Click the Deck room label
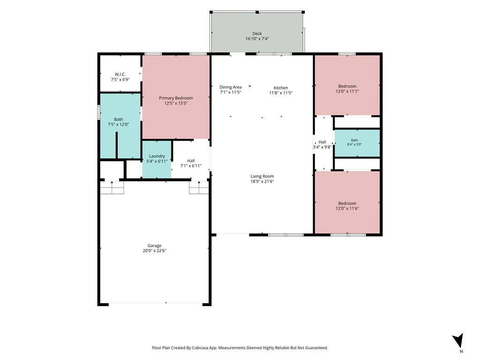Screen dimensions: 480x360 [257, 33]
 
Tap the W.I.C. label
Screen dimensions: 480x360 [120, 75]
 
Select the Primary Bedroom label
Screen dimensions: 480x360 [176, 98]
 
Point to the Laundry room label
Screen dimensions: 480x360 [157, 156]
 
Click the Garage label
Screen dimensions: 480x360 [154, 246]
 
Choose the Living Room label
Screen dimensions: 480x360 [262, 176]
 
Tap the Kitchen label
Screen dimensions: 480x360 [281, 88]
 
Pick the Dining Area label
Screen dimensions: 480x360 [231, 87]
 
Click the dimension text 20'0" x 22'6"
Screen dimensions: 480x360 [154, 251]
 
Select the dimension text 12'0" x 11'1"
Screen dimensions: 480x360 [347, 91]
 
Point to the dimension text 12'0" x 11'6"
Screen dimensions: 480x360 [347, 209]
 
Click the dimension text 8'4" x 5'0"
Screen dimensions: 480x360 [354, 144]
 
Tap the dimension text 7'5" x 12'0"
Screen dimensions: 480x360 [118, 125]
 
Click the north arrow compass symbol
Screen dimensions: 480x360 [458, 340]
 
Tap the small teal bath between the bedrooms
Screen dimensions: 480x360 [357, 143]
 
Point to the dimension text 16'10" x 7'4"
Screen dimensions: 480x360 [257, 39]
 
